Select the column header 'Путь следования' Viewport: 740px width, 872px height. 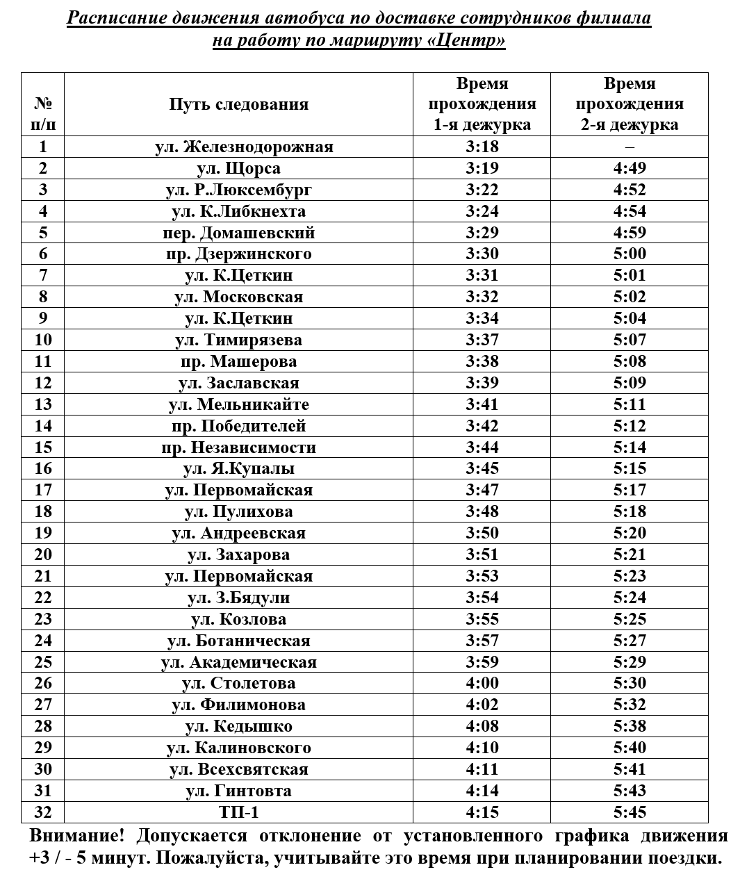coord(238,105)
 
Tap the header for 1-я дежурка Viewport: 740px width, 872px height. coord(482,105)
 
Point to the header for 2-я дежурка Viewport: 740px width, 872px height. coord(630,105)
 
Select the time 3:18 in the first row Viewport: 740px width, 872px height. coord(482,147)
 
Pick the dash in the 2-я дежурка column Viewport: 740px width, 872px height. coord(630,147)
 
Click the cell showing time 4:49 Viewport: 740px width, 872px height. coord(630,169)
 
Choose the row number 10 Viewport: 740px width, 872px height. coord(43,340)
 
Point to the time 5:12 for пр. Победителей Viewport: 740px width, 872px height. coord(630,426)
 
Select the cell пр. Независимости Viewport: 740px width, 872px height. coord(238,447)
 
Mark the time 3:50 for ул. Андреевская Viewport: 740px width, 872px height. coord(482,534)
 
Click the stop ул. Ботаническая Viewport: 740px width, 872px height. coord(238,641)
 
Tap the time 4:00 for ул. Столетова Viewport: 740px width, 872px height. coord(482,684)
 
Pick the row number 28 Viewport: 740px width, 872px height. coord(43,727)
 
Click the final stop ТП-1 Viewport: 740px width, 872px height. coord(238,812)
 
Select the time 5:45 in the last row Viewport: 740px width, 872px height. coord(630,812)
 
